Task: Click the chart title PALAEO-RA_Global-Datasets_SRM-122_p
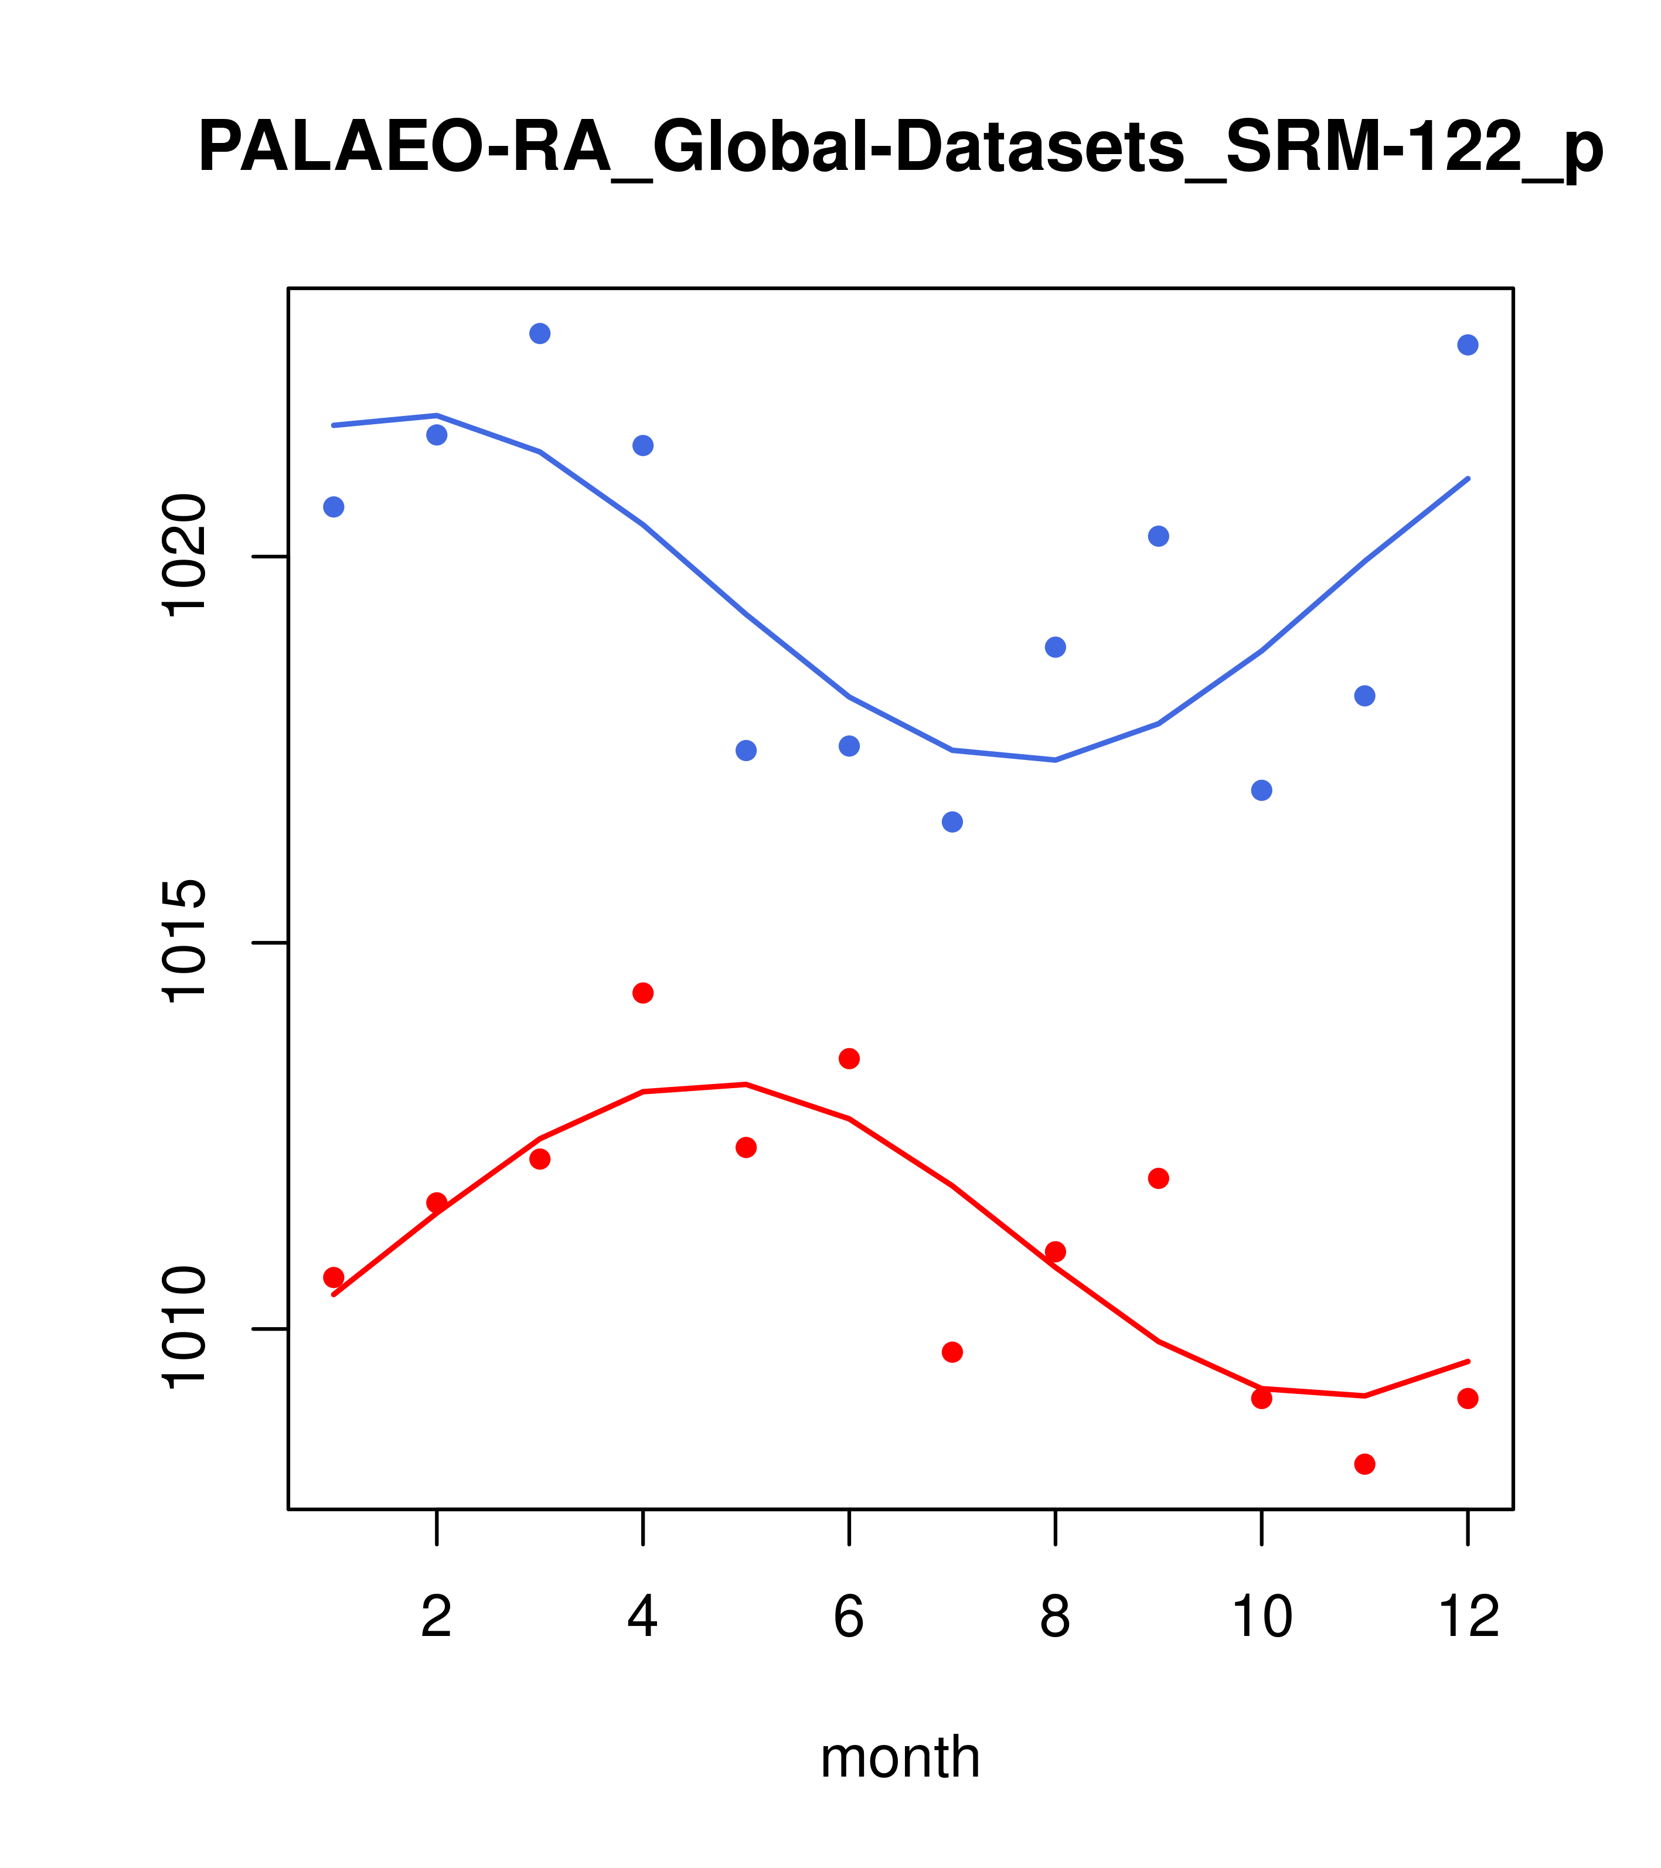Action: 900,148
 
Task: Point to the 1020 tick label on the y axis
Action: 183,557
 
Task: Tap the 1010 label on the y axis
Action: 183,1329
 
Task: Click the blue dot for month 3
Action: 540,333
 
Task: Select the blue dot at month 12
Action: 1468,345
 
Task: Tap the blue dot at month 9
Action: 1158,537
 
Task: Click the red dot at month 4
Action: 644,993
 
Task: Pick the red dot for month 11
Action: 1365,1464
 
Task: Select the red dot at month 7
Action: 952,1352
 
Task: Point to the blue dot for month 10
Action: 1261,790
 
